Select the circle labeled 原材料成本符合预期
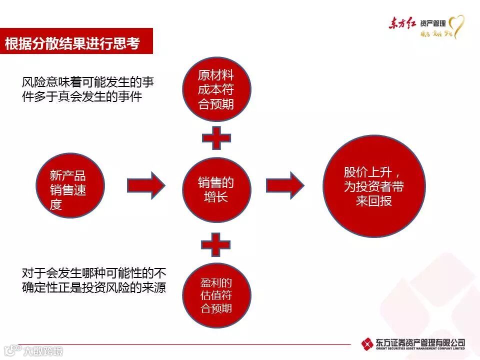(215, 90)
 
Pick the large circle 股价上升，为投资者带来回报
(374, 185)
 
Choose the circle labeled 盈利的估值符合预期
(216, 295)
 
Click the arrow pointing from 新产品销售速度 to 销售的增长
(145, 185)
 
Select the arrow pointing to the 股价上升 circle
(284, 185)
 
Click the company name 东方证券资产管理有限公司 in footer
(420, 342)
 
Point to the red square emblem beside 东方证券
(367, 344)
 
